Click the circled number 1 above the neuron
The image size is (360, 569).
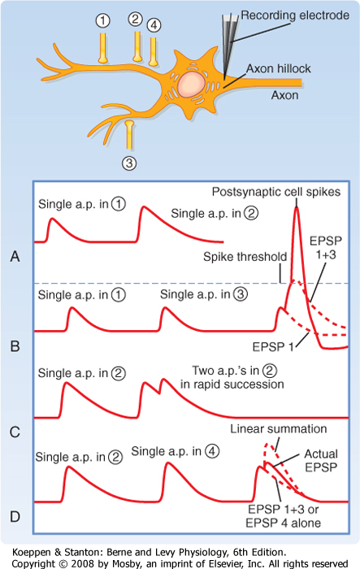click(x=102, y=20)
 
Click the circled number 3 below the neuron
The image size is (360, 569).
click(x=129, y=163)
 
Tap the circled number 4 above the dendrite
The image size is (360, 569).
click(x=154, y=25)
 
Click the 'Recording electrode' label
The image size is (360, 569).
click(x=295, y=15)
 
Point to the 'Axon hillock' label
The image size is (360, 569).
click(x=279, y=68)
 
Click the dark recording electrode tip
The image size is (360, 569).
click(x=224, y=79)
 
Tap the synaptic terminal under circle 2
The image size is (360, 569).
click(x=137, y=46)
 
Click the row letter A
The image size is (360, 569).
click(x=15, y=257)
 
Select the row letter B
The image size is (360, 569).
click(x=15, y=346)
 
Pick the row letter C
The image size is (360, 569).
click(x=15, y=432)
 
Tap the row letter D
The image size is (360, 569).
click(x=15, y=516)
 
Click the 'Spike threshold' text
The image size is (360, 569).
click(x=245, y=257)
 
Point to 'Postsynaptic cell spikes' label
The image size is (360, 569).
click(x=276, y=192)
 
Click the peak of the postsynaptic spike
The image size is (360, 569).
click(x=297, y=206)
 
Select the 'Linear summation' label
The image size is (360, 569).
click(x=279, y=429)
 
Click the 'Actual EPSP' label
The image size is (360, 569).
click(x=321, y=461)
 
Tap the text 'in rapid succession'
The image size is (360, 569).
click(x=232, y=384)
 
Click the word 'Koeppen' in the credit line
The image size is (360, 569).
click(x=31, y=553)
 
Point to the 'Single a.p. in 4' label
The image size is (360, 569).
click(x=176, y=451)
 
